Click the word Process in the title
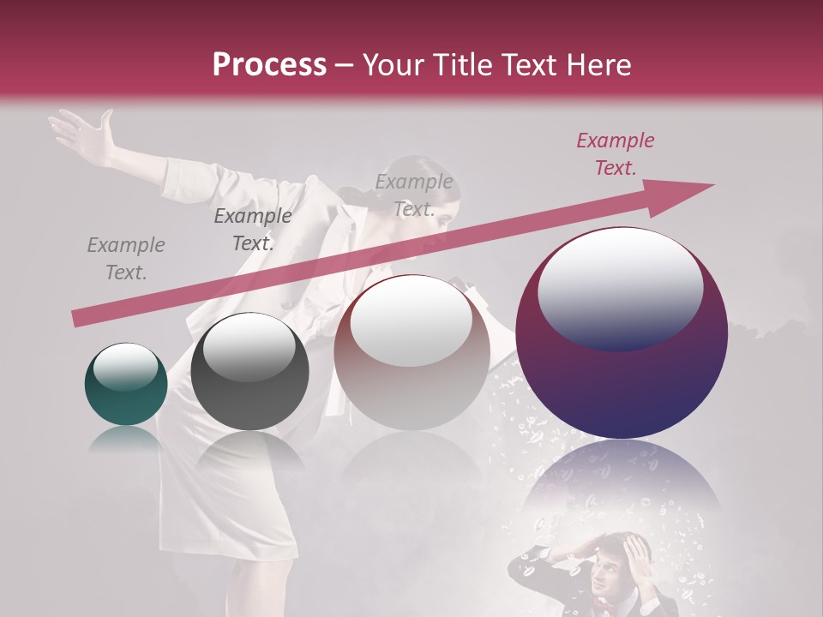[x=269, y=65]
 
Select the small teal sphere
[x=126, y=384]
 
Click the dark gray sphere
[x=249, y=371]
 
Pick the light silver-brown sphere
[x=411, y=352]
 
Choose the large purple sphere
[x=622, y=333]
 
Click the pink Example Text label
[x=615, y=154]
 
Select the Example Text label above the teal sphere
[x=125, y=259]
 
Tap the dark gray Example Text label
[x=252, y=230]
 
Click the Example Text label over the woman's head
[x=414, y=195]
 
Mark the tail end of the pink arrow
[x=77, y=318]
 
